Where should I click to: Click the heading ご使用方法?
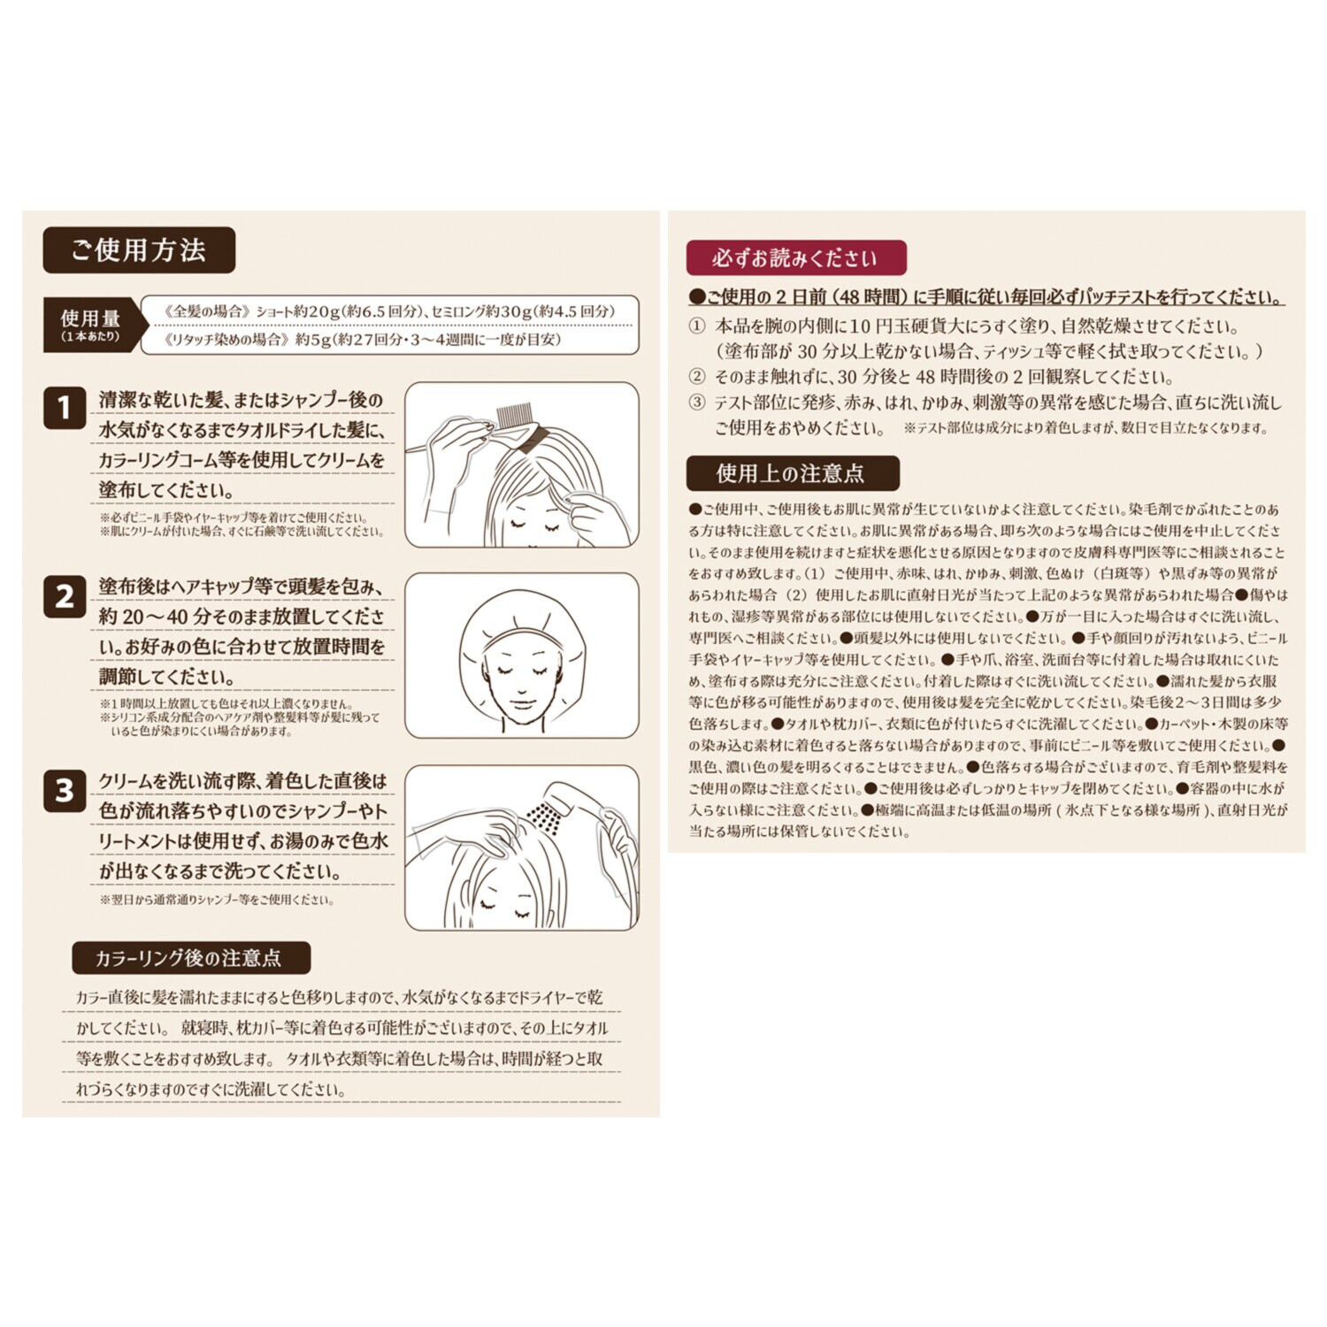[x=139, y=250]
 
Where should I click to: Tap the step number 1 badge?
[x=65, y=408]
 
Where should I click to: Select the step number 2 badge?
[x=65, y=596]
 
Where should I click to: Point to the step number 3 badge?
[x=65, y=790]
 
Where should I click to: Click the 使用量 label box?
[x=90, y=324]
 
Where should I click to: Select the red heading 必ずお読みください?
[x=795, y=258]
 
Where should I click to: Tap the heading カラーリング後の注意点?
[x=190, y=958]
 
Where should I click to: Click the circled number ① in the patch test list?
[x=697, y=326]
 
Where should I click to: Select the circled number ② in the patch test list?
[x=697, y=377]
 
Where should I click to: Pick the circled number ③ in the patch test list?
[x=697, y=403]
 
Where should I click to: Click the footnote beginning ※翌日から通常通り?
[x=217, y=900]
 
